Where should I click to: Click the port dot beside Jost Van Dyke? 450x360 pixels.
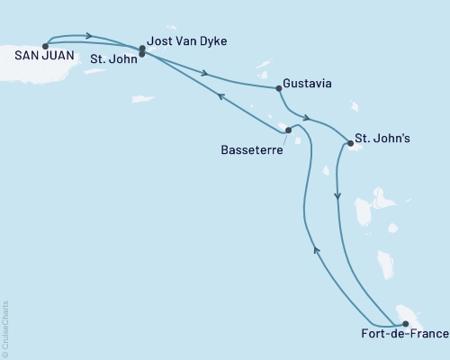142,48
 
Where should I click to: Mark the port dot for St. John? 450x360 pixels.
142,54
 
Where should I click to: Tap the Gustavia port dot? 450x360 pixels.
277,88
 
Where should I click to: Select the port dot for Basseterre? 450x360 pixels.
288,130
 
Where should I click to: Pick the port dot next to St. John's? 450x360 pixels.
349,143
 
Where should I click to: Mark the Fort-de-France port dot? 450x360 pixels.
405,324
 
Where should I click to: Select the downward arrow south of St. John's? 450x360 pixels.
337,194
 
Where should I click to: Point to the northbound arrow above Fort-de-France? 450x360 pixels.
316,251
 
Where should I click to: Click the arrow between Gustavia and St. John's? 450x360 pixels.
308,118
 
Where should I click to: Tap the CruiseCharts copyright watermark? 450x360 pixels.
5,328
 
